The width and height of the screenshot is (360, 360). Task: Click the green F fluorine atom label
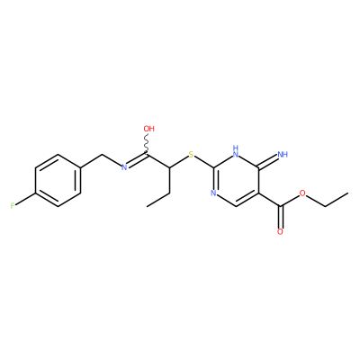click(13, 206)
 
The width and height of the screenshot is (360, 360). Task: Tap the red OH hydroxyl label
click(148, 129)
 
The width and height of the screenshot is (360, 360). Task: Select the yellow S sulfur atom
click(191, 155)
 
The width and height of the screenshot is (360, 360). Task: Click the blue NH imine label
click(283, 155)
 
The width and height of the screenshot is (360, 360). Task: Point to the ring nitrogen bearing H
click(236, 152)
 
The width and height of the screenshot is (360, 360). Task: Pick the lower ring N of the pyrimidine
click(213, 193)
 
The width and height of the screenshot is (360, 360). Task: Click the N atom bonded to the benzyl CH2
click(124, 167)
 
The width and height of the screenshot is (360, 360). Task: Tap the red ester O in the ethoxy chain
click(302, 193)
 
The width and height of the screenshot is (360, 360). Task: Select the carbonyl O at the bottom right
click(280, 231)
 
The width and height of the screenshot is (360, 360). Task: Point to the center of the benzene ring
click(58, 180)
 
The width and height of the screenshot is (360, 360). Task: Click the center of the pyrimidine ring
click(236, 180)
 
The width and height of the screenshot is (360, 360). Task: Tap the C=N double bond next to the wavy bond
click(137, 160)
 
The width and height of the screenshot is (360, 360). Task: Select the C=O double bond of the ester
click(280, 217)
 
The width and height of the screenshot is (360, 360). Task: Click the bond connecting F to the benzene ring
click(25, 199)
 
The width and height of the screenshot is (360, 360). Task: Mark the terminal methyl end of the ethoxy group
click(348, 193)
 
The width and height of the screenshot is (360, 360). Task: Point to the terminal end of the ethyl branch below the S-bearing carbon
click(148, 206)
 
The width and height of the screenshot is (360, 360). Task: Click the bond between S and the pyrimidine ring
click(204, 162)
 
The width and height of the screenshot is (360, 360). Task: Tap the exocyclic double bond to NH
click(268, 160)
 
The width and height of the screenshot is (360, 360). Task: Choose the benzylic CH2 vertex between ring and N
click(103, 155)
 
